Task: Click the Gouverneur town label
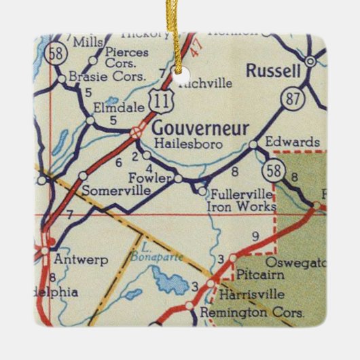click(200, 128)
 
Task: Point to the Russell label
click(273, 70)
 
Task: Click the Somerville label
click(116, 191)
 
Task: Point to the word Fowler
click(148, 179)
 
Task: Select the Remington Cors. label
click(255, 313)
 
